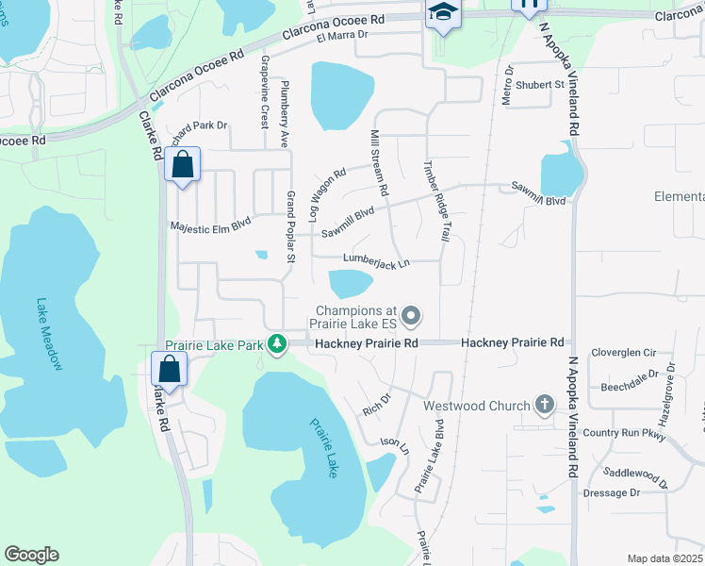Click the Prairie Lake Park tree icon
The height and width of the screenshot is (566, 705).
[276, 345]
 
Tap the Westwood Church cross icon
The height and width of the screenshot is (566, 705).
[543, 406]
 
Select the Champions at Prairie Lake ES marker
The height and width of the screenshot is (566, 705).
[410, 315]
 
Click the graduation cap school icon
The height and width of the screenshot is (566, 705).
[440, 12]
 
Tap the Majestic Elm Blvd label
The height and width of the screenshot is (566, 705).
[210, 226]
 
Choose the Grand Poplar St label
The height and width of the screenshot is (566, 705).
[290, 226]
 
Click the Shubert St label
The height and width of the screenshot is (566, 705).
[545, 84]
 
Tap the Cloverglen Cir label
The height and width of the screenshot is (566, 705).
[622, 352]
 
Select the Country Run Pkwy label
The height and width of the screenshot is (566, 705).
[624, 433]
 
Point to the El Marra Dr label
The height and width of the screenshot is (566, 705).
[341, 36]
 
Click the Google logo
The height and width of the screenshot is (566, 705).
[31, 555]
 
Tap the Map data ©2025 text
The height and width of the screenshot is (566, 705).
[664, 558]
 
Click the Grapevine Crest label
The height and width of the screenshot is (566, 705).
[265, 92]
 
